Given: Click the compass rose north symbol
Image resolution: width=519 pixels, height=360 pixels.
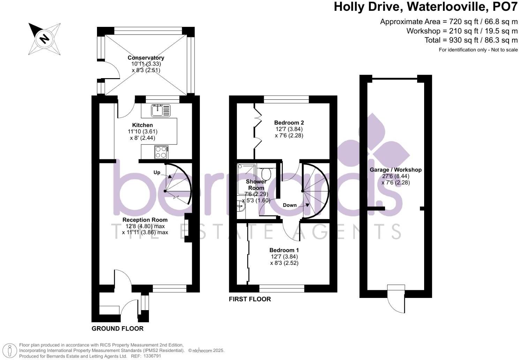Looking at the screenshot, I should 44,38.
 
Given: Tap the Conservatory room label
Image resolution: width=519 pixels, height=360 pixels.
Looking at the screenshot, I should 146,58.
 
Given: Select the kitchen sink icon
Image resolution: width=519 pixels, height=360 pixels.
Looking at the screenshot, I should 160,110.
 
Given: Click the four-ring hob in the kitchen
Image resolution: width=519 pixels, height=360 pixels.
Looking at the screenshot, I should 161,152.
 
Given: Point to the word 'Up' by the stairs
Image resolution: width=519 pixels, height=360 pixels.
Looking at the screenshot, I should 157,173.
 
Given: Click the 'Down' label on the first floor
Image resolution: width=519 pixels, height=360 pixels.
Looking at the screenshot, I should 289,205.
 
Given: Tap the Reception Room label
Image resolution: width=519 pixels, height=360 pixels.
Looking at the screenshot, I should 145,220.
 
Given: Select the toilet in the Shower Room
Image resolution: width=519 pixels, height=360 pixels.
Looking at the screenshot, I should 267,173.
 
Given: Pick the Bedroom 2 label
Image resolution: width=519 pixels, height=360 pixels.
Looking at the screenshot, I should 289,122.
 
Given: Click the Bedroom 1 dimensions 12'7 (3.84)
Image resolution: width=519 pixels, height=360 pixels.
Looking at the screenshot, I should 284,256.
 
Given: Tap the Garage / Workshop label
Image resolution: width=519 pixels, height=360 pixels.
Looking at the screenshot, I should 396,170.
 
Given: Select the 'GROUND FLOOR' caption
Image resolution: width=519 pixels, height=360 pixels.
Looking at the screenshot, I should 118,329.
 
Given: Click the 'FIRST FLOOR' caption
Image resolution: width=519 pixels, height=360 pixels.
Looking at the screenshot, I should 250,299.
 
